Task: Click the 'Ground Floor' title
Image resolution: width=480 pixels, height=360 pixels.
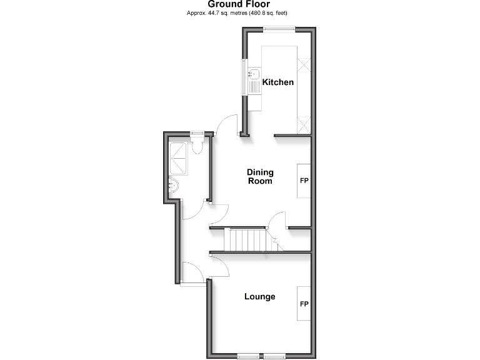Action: pos(239,4)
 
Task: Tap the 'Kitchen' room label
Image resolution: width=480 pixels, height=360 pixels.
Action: pos(277,82)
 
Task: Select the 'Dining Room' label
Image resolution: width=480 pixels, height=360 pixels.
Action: pos(259,177)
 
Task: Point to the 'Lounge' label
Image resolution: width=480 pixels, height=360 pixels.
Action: pos(259,296)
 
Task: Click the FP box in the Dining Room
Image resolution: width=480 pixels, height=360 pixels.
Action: pos(304,181)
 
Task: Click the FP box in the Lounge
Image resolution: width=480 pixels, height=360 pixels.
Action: pos(304,304)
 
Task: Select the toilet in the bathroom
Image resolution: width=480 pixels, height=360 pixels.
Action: pos(198,146)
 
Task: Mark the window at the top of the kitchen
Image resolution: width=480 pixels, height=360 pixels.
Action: pos(279,27)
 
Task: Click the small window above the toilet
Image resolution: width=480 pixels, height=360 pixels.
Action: pos(197,132)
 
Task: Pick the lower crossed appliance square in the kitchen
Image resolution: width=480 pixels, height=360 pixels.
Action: pos(305,124)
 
